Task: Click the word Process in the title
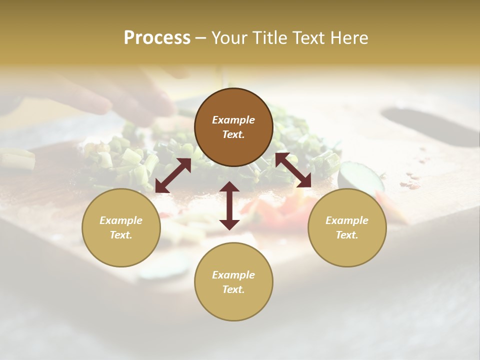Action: [157, 38]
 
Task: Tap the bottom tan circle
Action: [233, 300]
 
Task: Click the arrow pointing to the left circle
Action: [173, 175]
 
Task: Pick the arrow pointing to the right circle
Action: [293, 170]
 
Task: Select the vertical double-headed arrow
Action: [229, 205]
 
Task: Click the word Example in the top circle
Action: [233, 120]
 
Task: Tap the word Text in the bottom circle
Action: [233, 289]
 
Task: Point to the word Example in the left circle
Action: [121, 220]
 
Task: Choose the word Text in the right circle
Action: [347, 235]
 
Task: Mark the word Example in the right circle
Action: [347, 220]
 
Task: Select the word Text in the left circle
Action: [121, 235]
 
